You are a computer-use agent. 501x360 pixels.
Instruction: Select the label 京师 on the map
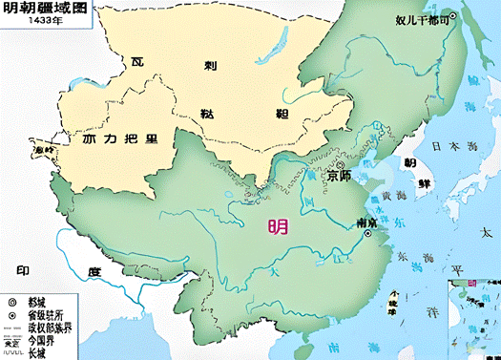(x=339, y=177)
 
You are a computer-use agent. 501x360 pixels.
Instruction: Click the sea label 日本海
(x=451, y=147)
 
